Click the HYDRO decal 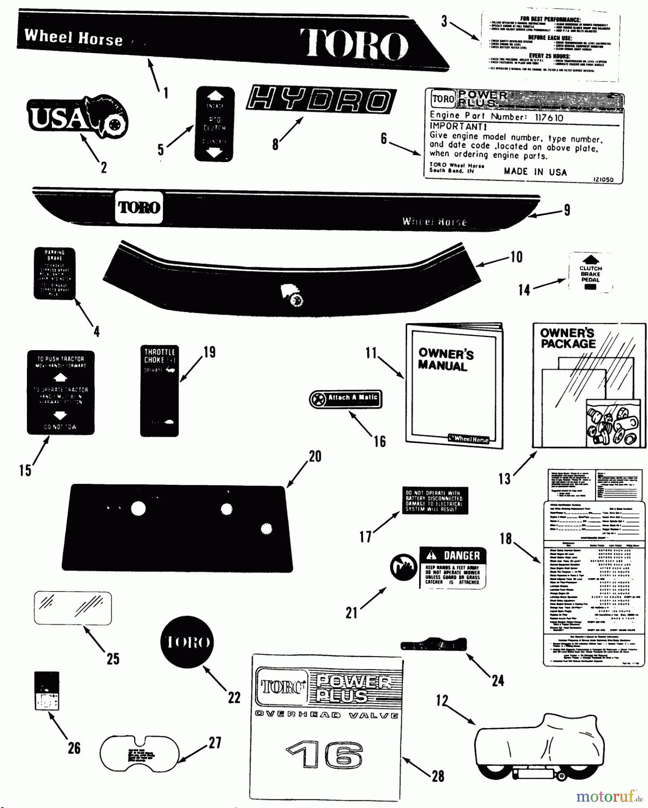(321, 99)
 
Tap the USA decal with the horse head (77, 118)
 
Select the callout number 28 (438, 776)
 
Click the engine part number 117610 (549, 118)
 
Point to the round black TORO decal (188, 642)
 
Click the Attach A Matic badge (346, 399)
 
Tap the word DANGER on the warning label (461, 556)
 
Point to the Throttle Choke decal (159, 391)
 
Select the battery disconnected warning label (434, 501)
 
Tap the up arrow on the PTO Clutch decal (215, 96)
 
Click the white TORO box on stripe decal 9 (139, 207)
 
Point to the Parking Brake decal (54, 273)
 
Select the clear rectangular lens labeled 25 (73, 608)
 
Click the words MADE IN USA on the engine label (535, 172)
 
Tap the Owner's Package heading (567, 338)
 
